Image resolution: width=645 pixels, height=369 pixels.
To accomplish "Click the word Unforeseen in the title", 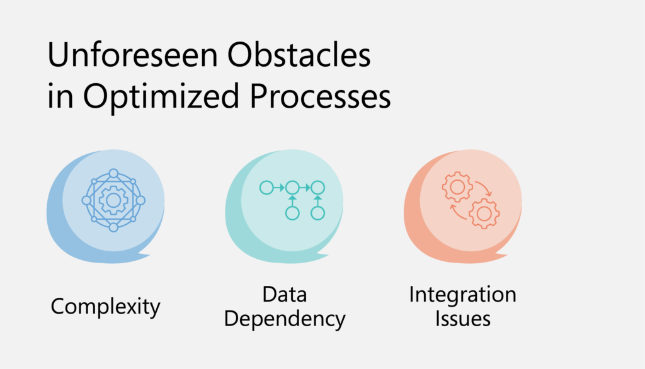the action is [132, 54].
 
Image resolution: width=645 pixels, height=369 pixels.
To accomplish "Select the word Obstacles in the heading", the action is [299, 54].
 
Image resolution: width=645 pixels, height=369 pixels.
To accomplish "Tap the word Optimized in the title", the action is [161, 96].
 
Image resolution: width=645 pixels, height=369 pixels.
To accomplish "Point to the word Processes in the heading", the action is [320, 96].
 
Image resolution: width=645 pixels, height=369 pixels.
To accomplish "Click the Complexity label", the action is [105, 307].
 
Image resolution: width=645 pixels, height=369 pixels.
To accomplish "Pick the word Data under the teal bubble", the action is [285, 295].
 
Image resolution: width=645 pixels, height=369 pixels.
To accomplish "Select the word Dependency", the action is [285, 319].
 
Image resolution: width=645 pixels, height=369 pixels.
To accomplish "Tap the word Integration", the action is [462, 295].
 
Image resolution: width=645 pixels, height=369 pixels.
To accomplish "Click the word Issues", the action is [463, 319].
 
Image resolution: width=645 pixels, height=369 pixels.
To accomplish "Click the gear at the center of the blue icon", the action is [113, 200].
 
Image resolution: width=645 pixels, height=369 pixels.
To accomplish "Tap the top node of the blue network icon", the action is [113, 174].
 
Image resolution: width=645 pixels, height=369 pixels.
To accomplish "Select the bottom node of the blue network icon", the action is [113, 227].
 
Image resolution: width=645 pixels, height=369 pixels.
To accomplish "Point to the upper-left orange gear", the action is [457, 187].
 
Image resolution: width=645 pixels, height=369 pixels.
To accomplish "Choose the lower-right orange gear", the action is [484, 213].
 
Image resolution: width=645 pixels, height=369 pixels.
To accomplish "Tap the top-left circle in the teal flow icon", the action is [266, 188].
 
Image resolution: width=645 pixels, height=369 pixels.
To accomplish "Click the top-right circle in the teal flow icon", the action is [317, 188].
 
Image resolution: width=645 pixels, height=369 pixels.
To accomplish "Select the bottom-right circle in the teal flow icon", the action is [317, 213].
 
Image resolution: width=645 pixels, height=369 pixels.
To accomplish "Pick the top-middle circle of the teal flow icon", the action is [292, 188].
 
